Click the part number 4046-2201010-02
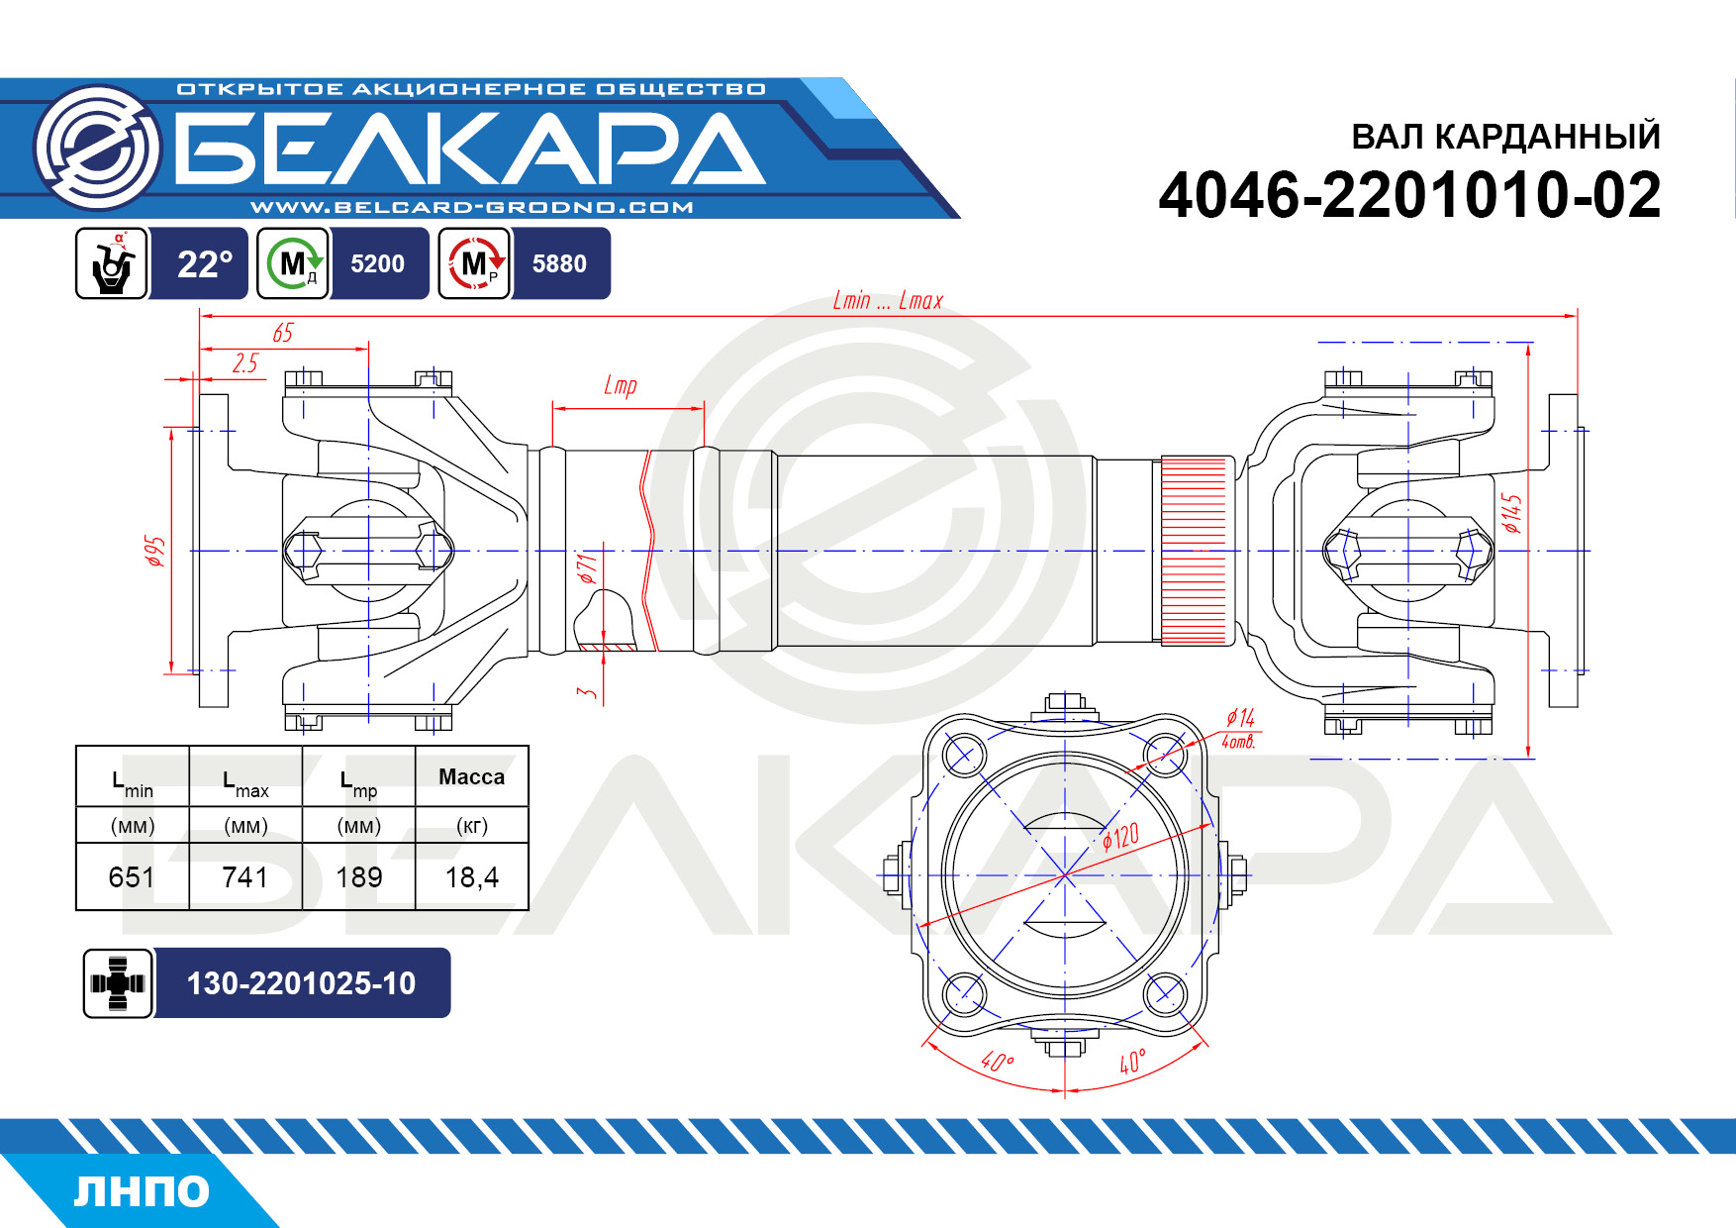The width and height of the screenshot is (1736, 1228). coord(1409,195)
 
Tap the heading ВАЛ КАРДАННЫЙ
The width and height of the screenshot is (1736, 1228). coord(1505,136)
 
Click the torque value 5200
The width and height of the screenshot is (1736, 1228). coord(378,263)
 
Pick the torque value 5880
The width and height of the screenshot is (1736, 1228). coord(559,263)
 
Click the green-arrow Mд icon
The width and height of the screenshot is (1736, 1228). coord(293,263)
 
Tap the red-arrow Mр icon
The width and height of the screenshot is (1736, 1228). coord(475,263)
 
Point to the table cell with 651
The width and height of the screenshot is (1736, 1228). coord(132,876)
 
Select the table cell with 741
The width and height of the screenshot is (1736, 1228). coord(245,876)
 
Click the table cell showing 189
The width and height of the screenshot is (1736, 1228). coord(358,876)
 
